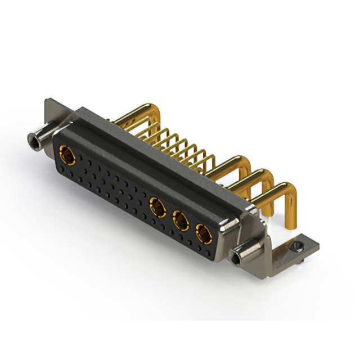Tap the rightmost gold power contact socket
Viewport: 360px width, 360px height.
[x=201, y=231]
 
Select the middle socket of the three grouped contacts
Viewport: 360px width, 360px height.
[x=181, y=220]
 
